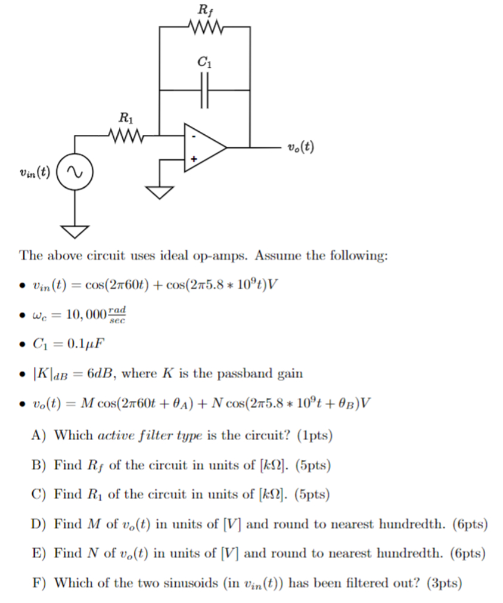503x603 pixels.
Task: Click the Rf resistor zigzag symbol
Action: click(x=204, y=27)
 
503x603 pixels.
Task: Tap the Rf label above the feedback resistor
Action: click(x=204, y=9)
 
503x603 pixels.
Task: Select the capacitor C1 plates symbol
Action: click(x=204, y=91)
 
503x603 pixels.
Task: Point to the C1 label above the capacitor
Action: click(x=204, y=61)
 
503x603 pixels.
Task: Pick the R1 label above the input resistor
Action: click(x=125, y=117)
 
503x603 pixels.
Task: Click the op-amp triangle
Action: click(x=203, y=147)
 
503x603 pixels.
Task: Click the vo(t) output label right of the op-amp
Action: click(x=301, y=147)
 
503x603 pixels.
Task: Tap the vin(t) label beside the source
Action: click(x=35, y=174)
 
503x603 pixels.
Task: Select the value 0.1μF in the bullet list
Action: click(x=85, y=344)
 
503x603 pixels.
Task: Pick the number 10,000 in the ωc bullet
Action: click(x=82, y=314)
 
